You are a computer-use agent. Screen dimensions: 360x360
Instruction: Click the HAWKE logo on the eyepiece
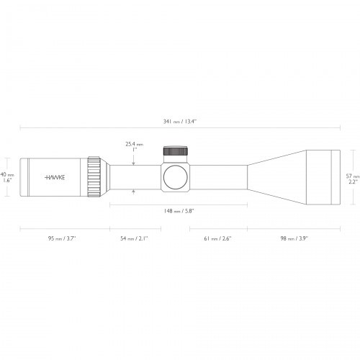click(55, 177)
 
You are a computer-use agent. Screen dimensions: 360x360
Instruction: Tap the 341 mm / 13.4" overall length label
click(180, 122)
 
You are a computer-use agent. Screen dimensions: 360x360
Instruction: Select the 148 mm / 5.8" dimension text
click(179, 211)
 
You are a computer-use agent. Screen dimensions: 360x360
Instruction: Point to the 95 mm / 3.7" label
click(62, 238)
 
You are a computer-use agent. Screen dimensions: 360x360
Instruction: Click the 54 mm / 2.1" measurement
click(134, 238)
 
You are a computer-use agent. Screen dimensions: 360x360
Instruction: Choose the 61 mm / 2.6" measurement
click(217, 238)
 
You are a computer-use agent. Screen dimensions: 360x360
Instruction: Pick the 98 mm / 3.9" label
click(294, 238)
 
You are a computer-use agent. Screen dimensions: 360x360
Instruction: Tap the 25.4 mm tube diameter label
click(134, 144)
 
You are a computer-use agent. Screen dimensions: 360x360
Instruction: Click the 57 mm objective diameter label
click(353, 176)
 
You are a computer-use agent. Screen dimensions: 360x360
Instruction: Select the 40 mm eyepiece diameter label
click(7, 174)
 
